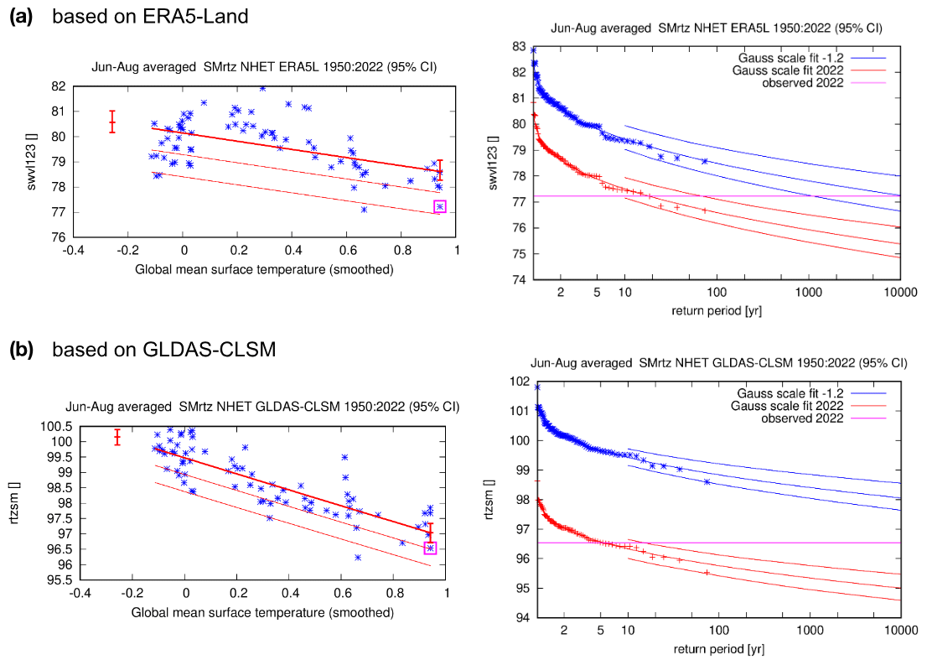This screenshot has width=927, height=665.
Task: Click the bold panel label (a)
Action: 20,16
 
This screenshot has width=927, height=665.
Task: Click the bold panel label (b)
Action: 20,350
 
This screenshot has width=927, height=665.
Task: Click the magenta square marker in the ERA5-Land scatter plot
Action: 440,206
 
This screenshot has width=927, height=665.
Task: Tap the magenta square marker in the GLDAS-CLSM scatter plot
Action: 431,548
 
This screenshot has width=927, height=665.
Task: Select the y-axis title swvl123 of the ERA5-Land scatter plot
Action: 34,162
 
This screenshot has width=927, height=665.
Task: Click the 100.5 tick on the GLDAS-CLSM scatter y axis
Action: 49,427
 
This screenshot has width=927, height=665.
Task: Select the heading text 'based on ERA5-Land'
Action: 150,16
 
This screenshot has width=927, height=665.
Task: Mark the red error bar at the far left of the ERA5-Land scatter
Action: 112,122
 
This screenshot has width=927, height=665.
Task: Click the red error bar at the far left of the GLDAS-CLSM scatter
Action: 117,437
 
